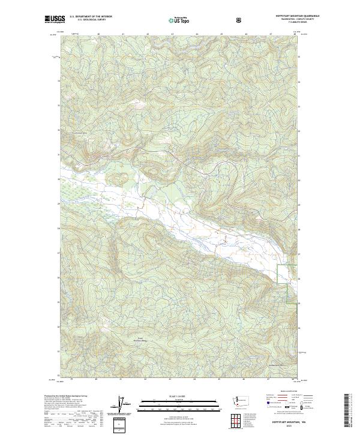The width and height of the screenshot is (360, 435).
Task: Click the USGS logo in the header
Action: coord(53,19)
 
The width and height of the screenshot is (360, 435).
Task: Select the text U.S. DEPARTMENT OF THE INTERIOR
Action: coord(91,17)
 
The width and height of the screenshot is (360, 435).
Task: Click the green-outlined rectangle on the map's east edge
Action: coord(291,284)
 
